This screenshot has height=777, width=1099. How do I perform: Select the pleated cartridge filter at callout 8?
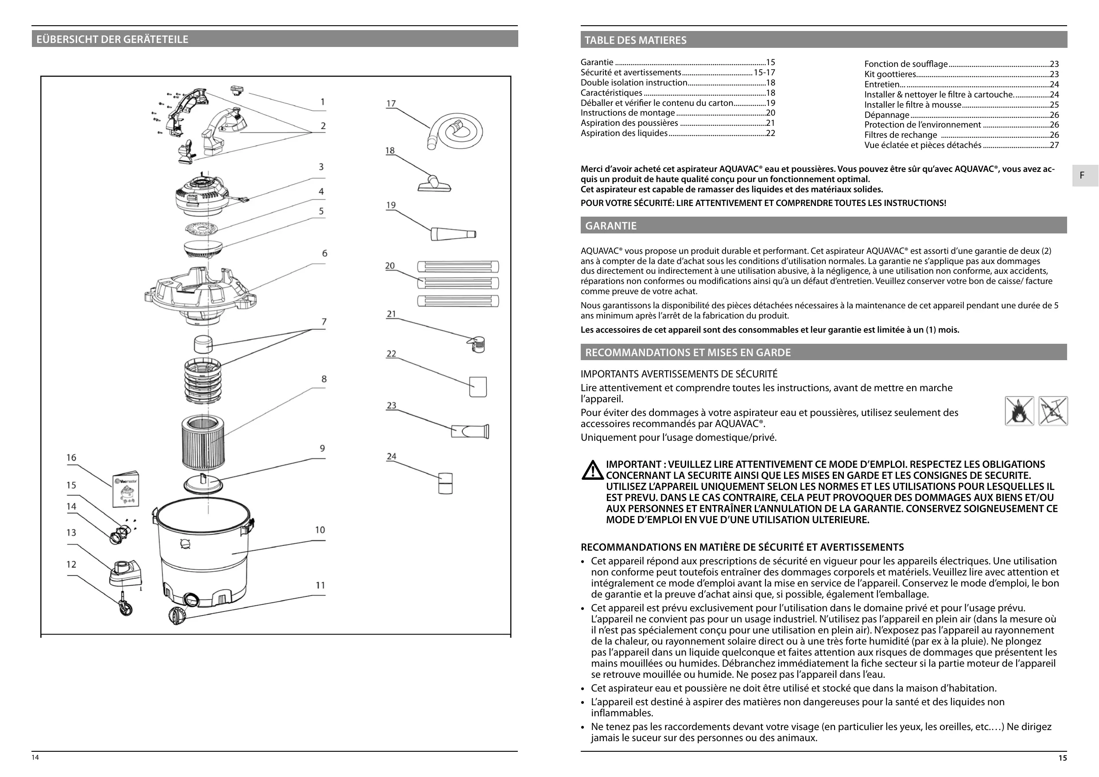(203, 443)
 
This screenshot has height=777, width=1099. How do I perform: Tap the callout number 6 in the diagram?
(325, 253)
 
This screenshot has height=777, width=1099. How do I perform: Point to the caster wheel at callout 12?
(125, 609)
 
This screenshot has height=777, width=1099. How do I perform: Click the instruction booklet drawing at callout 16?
(126, 488)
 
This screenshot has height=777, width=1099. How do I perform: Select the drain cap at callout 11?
(177, 615)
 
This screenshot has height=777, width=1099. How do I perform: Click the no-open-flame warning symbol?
(1019, 411)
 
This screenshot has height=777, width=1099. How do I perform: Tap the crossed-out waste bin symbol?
(1053, 411)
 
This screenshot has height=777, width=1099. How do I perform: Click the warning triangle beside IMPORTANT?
(593, 470)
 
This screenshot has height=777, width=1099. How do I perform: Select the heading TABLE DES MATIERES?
(635, 40)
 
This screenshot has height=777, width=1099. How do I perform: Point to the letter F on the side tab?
(1082, 175)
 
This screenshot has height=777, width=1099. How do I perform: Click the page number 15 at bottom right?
(1062, 758)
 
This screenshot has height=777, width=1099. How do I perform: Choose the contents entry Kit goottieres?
(890, 74)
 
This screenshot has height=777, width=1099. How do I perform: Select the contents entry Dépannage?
(886, 115)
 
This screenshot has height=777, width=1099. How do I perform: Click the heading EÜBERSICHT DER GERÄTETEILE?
(112, 39)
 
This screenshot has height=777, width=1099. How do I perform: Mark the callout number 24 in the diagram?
(392, 456)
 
